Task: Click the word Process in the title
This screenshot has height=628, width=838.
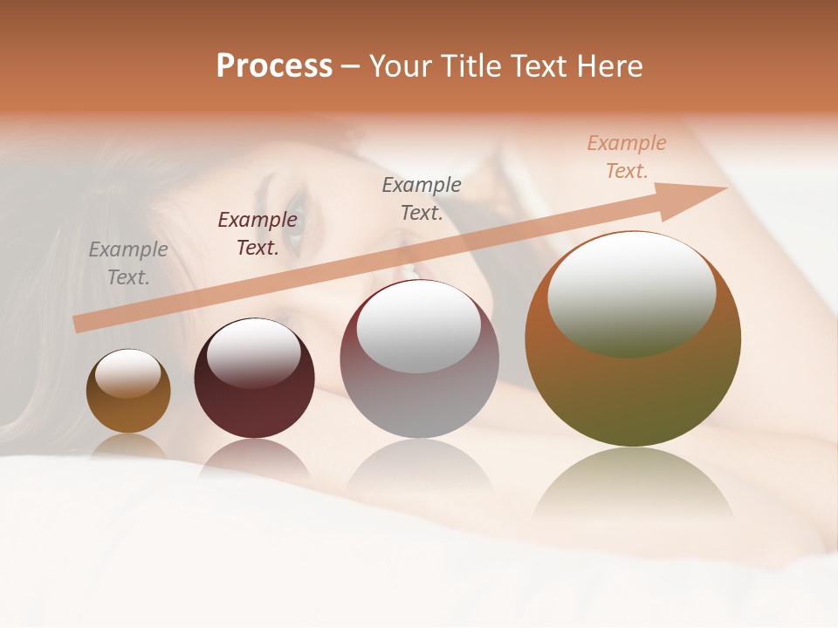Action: (274, 66)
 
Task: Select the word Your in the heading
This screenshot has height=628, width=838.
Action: (402, 66)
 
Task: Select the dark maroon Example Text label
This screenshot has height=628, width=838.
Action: (257, 234)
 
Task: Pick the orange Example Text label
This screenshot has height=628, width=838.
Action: (627, 157)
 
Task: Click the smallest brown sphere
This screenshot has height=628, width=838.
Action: (128, 410)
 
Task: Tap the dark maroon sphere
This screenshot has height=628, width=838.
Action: (254, 410)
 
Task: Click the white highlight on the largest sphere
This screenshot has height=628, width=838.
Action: (631, 293)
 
